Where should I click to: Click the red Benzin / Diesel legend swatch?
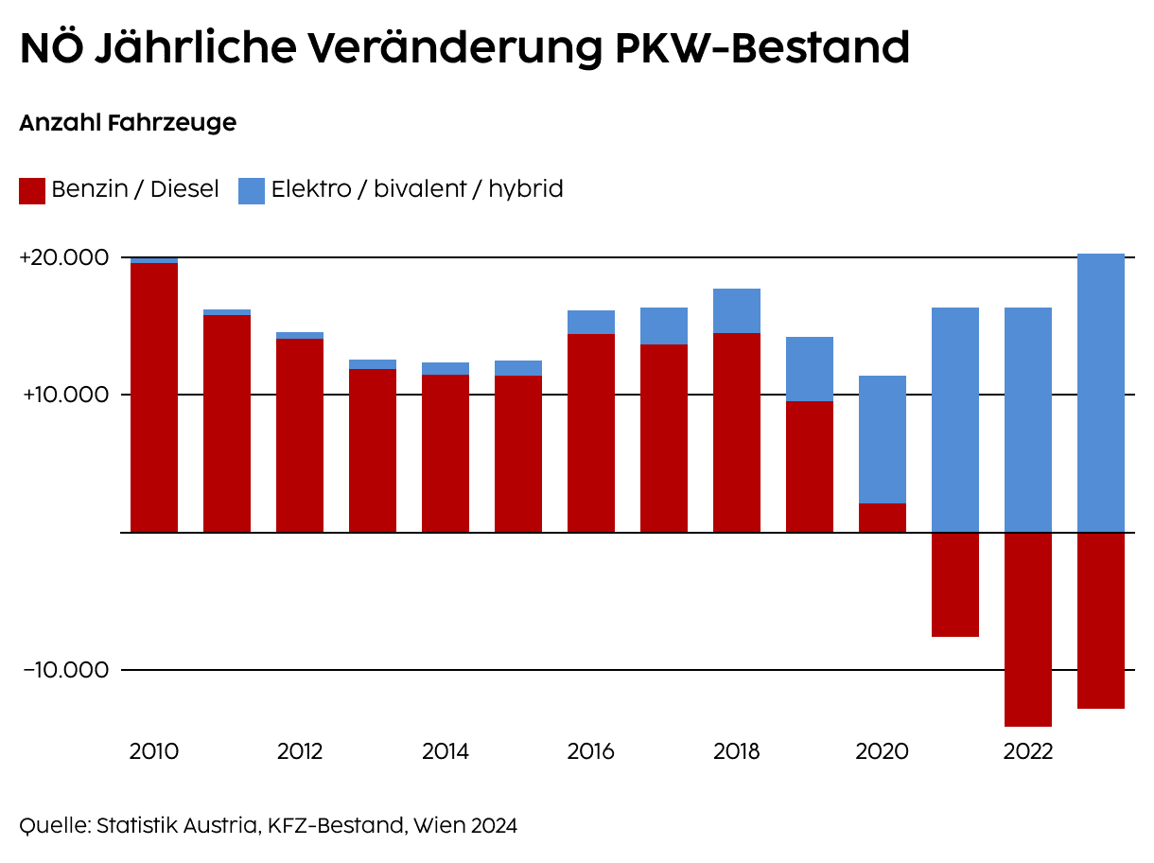pos(32,191)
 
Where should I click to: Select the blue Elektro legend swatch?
pos(252,191)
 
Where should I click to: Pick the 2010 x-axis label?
pos(154,752)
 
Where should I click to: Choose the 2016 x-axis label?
pos(590,752)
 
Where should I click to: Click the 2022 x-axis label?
pos(1027,752)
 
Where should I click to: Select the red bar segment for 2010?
pos(154,397)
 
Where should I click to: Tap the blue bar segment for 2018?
pos(737,310)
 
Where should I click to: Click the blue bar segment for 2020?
pos(883,439)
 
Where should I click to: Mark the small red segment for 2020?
pos(883,518)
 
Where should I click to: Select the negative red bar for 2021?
pos(955,585)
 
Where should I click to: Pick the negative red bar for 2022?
pos(1028,629)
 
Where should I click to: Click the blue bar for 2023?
pos(1101,393)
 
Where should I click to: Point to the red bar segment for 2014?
pos(446,454)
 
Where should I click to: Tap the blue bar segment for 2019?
pos(810,369)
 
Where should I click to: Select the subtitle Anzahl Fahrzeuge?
pos(128,123)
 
